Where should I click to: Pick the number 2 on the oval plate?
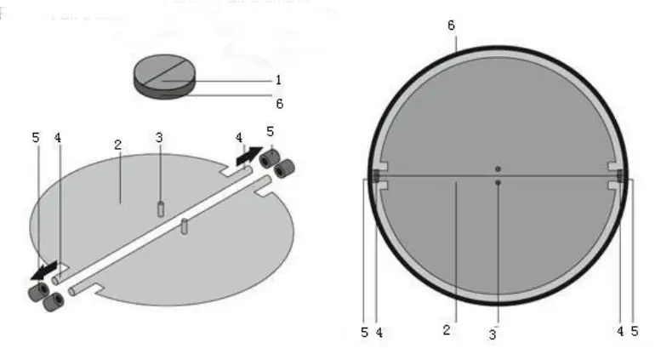coord(118,145)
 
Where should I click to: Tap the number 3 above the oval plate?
coord(159,138)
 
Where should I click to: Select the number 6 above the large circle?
coord(451,25)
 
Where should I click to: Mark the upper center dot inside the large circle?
coord(499,169)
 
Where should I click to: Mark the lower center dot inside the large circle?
coord(499,182)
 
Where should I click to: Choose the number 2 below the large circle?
coord(445,330)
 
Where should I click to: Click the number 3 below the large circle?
coord(492,334)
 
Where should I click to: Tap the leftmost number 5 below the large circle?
coord(364,332)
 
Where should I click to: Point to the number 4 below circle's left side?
coord(379,332)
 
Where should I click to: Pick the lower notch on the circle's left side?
coord(382,186)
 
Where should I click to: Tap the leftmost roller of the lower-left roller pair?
coord(37,292)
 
